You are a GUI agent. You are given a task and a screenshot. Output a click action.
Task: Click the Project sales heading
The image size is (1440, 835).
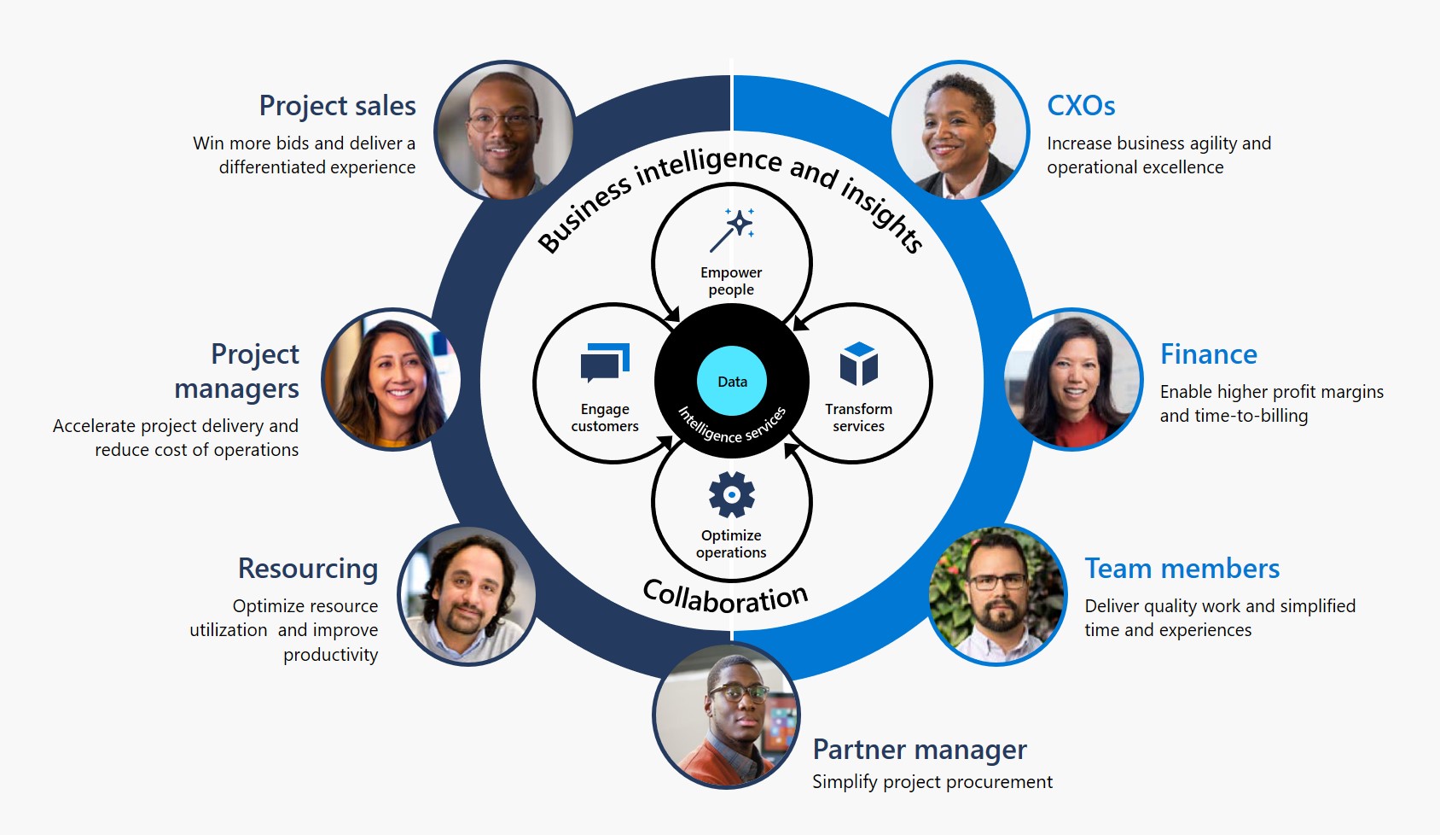337,106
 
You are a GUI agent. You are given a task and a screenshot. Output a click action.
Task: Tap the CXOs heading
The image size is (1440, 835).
1081,106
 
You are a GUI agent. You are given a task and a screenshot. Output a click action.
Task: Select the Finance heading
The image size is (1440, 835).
1208,354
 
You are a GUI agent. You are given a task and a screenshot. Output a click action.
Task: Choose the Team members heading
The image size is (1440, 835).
1182,569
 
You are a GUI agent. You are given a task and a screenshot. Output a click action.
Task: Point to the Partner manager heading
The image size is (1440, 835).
919,750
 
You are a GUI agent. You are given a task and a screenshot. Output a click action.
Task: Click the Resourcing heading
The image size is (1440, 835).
308,569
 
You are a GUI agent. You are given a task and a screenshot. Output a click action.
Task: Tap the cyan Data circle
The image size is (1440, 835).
732,382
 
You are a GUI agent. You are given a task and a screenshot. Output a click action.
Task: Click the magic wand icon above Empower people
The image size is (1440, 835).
732,229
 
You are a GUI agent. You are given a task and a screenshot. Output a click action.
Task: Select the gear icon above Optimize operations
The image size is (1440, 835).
731,495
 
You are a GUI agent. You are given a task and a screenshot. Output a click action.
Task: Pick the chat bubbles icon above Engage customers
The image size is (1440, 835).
605,363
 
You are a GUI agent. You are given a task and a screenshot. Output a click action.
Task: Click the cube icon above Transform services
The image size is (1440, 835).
858,364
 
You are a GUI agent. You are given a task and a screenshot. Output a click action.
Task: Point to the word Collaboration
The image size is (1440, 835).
725,596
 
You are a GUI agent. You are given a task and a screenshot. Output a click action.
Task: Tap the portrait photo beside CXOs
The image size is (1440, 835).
959,131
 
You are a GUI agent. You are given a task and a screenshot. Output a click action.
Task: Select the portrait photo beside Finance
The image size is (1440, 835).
1073,379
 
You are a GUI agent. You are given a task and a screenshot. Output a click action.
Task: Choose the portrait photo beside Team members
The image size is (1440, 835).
996,595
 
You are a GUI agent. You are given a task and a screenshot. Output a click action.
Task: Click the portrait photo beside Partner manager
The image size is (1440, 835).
727,715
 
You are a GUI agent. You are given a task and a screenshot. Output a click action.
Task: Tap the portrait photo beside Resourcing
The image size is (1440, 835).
467,595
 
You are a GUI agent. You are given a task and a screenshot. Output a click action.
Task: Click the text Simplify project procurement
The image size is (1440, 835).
932,782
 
